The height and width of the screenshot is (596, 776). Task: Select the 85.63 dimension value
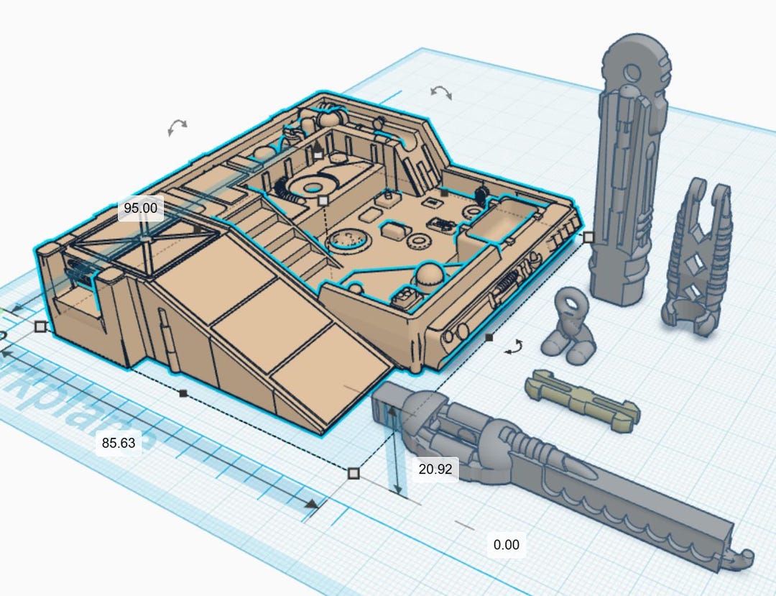tap(119, 443)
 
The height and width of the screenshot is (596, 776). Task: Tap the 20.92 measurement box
tap(435, 469)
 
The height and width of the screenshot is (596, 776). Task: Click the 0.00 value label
tap(506, 544)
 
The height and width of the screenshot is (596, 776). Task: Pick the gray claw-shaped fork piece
tap(695, 259)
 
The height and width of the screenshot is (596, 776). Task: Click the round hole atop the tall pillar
tap(632, 71)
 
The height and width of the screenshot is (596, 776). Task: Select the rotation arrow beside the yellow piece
tap(513, 348)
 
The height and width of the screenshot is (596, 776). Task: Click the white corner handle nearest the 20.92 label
tap(353, 473)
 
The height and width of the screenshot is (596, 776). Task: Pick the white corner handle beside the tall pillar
tap(588, 237)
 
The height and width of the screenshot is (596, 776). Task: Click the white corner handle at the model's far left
tap(41, 326)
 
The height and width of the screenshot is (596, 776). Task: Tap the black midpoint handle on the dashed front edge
tap(183, 393)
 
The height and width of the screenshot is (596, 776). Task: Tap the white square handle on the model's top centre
tap(323, 200)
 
